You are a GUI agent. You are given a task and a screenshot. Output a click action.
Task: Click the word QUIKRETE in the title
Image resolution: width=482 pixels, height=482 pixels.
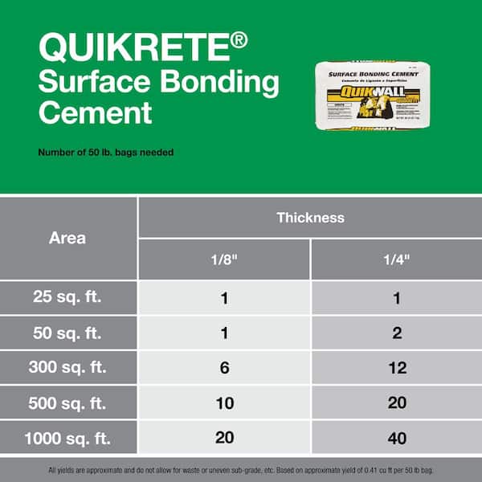(133, 49)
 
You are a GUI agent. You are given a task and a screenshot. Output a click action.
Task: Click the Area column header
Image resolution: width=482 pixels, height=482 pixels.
(67, 238)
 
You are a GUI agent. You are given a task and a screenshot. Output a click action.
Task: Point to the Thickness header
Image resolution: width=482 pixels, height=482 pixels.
(310, 217)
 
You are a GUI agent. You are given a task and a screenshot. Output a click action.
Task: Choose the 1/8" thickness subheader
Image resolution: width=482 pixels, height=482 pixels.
(224, 260)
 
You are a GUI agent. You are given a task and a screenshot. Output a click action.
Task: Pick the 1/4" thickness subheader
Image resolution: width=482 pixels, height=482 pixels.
(397, 260)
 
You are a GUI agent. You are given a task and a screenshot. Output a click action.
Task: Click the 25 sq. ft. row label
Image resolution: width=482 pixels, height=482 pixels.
(67, 298)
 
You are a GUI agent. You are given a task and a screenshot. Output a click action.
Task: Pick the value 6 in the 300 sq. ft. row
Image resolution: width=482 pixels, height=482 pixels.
(224, 368)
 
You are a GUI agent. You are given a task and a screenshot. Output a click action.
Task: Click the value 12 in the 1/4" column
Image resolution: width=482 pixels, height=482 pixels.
(397, 368)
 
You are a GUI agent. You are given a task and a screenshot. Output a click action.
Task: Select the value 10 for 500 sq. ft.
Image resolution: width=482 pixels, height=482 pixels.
(224, 403)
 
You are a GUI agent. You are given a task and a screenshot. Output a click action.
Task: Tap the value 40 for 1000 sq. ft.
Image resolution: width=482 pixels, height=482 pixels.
(397, 439)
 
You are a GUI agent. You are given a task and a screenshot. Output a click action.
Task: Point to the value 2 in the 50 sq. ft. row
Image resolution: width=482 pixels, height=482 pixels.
(397, 333)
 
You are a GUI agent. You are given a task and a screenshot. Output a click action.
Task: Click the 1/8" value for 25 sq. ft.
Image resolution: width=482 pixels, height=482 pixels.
(224, 298)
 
